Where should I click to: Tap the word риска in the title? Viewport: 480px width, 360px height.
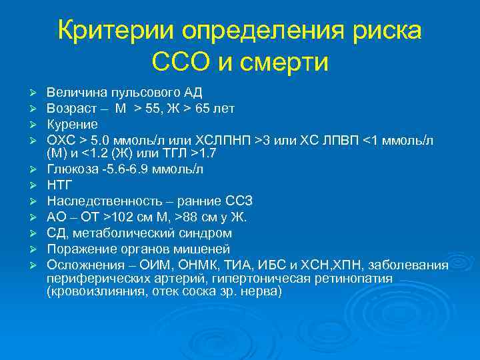[389, 31]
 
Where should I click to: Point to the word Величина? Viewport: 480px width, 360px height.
[71, 92]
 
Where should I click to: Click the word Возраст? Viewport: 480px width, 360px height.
[68, 108]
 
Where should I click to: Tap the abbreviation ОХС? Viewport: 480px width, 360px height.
[60, 140]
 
